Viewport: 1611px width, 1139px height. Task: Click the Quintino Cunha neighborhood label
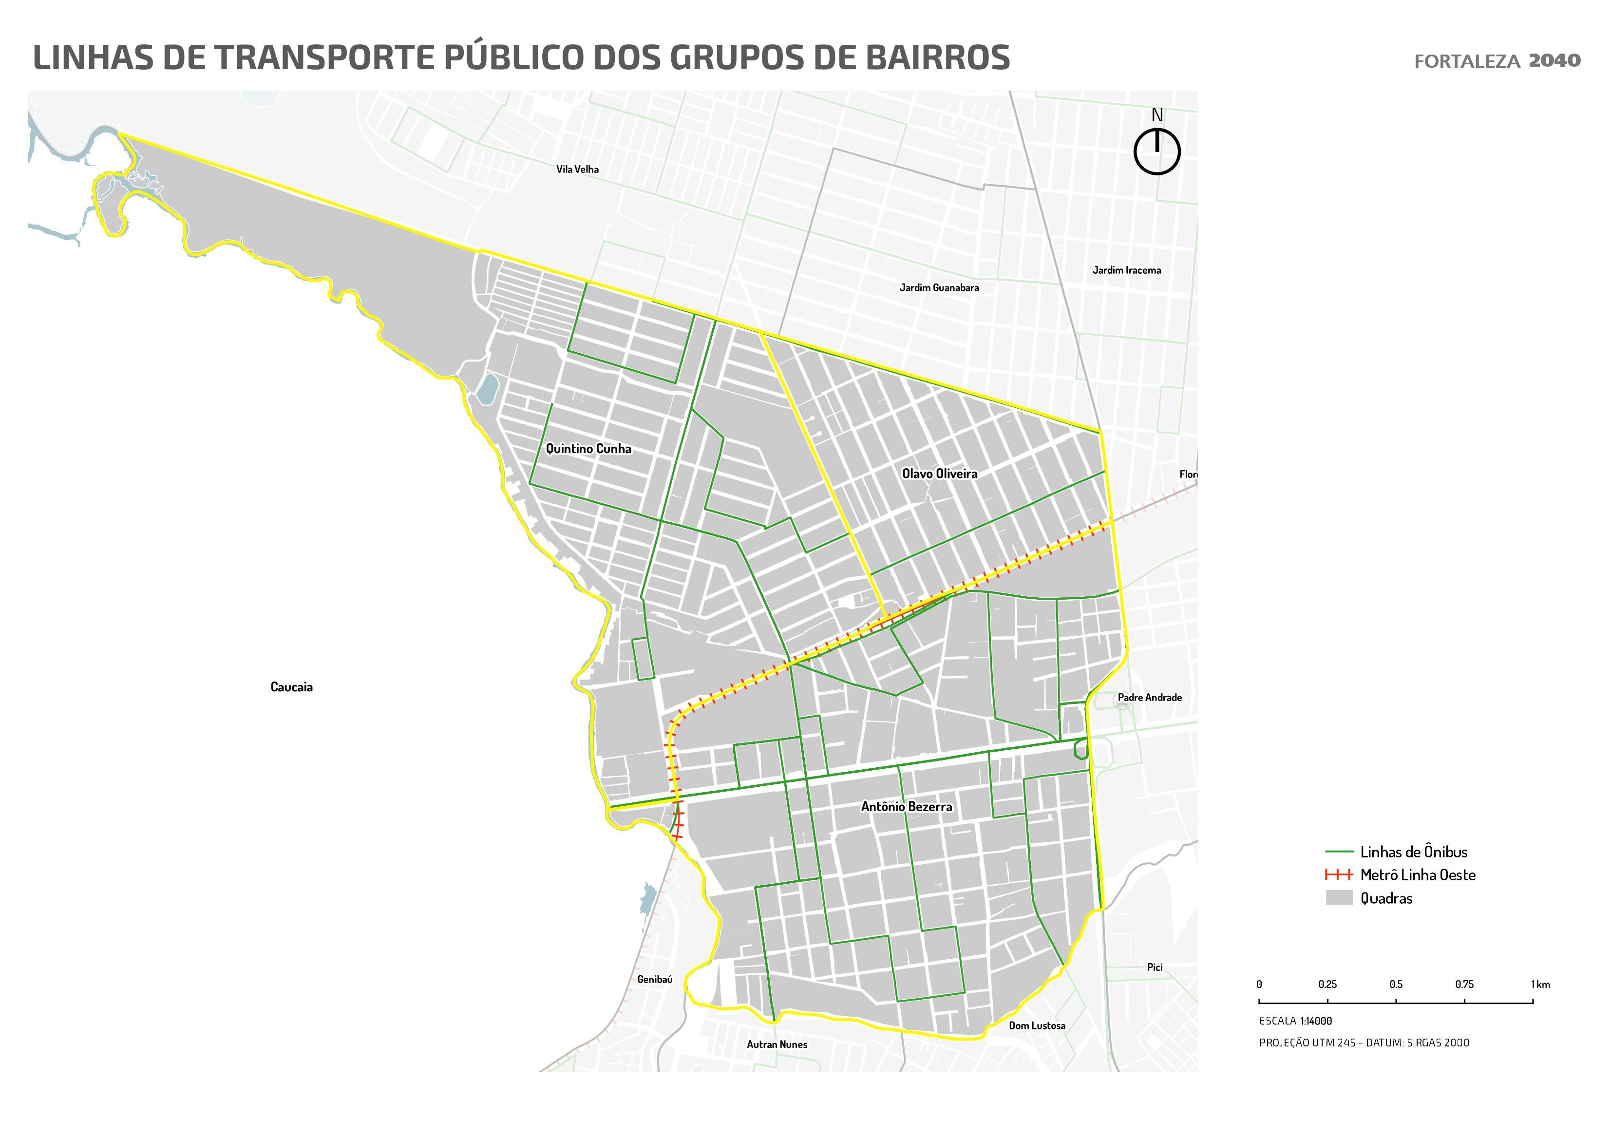(588, 449)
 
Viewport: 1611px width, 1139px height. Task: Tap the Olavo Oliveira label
(940, 474)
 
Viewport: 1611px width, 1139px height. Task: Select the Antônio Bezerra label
(907, 807)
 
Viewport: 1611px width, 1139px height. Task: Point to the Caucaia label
(291, 687)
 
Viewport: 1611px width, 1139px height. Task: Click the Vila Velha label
(577, 169)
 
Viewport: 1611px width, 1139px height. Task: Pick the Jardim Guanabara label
(939, 287)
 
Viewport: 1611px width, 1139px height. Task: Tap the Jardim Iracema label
(1126, 270)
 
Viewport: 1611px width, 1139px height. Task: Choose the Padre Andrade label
(1149, 698)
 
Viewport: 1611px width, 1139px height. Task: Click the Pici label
(1154, 967)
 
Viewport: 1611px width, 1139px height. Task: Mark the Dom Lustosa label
(1037, 1025)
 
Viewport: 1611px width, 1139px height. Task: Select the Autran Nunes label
(777, 1044)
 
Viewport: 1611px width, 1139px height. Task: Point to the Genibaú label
(655, 979)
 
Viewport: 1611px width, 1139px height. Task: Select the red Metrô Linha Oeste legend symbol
(1339, 875)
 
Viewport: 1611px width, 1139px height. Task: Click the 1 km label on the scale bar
(1540, 985)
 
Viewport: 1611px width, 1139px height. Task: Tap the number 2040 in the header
(1554, 60)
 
